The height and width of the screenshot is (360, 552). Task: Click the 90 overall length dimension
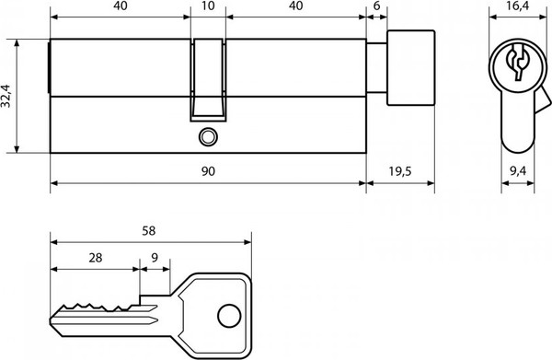coord(208,171)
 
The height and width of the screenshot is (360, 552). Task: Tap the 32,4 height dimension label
coord(6,96)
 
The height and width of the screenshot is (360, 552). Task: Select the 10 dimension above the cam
coord(209,6)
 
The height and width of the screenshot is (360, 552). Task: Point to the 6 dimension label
coord(376,6)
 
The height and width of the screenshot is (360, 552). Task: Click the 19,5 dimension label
coord(400,171)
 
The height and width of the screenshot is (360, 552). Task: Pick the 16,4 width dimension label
coord(518,6)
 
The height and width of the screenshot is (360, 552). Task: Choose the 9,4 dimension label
coord(518,171)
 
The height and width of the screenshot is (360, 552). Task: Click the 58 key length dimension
coord(148,231)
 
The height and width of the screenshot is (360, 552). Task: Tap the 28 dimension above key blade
coord(96,258)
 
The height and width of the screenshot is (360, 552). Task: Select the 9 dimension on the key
coord(155,258)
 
